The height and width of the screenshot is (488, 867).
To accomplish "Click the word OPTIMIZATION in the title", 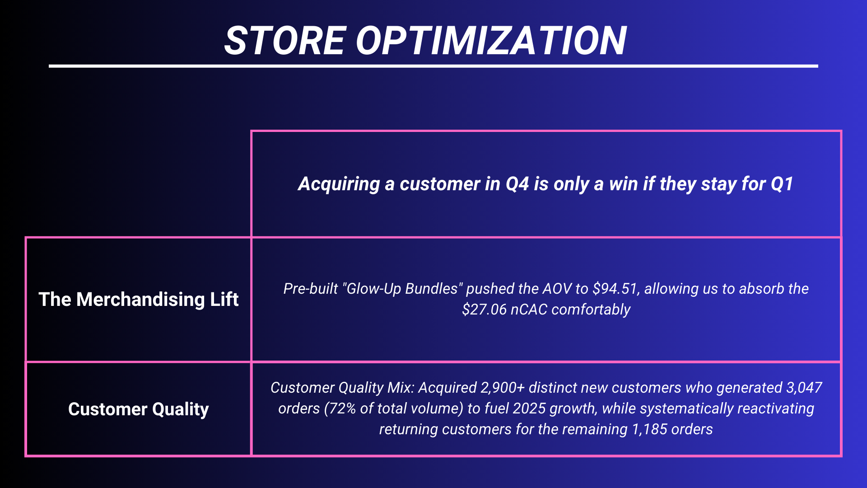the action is (491, 41).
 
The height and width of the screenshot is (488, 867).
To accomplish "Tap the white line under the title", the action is (433, 66).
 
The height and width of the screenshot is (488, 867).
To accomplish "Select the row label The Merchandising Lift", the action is (139, 299).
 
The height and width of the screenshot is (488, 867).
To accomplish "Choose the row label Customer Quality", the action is (139, 409).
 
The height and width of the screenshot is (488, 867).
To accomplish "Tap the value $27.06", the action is (484, 310).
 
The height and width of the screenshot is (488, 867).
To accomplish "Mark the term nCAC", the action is (529, 310).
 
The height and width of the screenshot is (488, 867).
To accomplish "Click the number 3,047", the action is (804, 388).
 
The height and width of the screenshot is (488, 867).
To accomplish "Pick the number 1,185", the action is (650, 429).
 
